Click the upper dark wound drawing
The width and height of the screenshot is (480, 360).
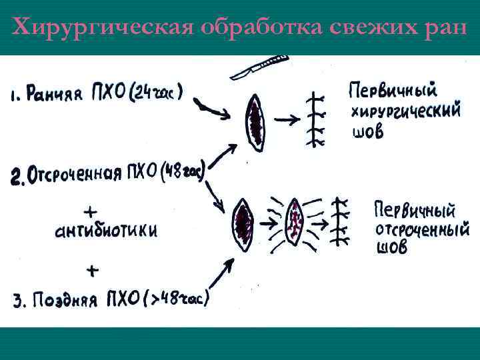(x=256, y=122)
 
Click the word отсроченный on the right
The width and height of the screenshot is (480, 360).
(x=422, y=230)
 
